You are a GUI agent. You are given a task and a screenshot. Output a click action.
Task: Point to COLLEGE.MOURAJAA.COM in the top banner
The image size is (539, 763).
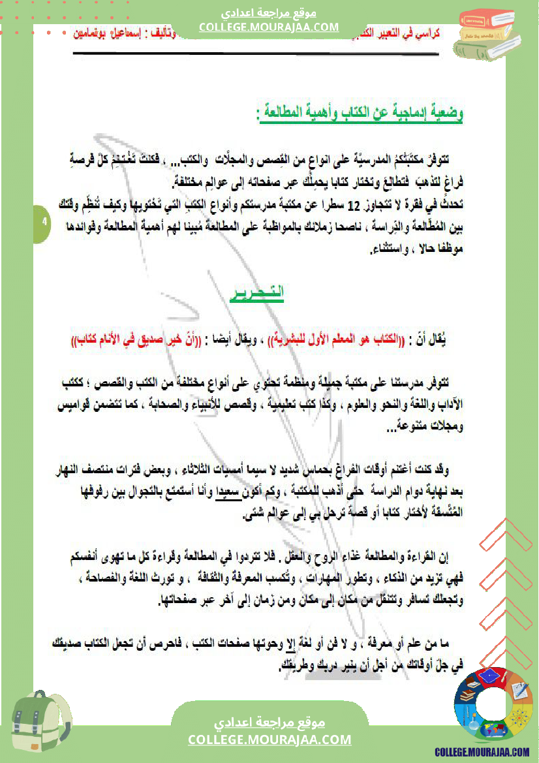coord(269,27)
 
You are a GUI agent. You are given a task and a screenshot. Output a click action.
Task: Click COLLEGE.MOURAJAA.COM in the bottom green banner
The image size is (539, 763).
coord(269,740)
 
